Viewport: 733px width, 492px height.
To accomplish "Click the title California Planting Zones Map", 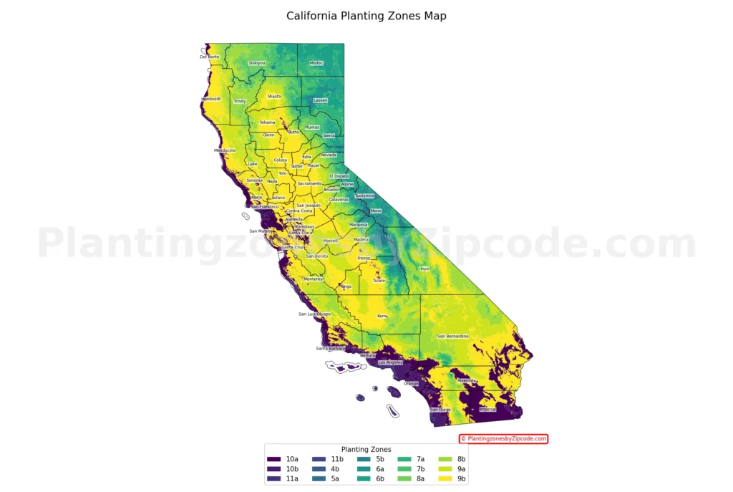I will click(366, 16).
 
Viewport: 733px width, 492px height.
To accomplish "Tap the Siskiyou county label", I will click(256, 63).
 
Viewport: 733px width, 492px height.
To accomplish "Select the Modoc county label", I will click(316, 63).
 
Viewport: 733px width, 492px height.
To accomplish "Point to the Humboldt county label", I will click(211, 99).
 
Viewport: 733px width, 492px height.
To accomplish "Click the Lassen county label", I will click(320, 100).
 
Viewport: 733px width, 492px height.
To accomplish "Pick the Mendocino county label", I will click(225, 150).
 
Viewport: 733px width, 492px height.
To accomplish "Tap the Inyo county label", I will click(424, 269).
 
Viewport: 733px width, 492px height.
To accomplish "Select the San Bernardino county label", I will click(452, 336).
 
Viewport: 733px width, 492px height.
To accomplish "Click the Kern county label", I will click(382, 316).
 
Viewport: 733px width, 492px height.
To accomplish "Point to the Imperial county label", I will click(487, 410).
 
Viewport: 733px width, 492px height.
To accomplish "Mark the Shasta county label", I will click(274, 96).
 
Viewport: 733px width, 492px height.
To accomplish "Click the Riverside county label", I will click(467, 380).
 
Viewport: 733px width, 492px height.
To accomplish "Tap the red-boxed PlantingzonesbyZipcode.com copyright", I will click(503, 438).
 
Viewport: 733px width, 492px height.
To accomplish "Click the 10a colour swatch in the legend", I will click(273, 459).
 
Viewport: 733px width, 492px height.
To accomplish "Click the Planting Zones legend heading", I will click(366, 450).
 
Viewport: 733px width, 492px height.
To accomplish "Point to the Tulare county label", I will click(379, 281).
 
